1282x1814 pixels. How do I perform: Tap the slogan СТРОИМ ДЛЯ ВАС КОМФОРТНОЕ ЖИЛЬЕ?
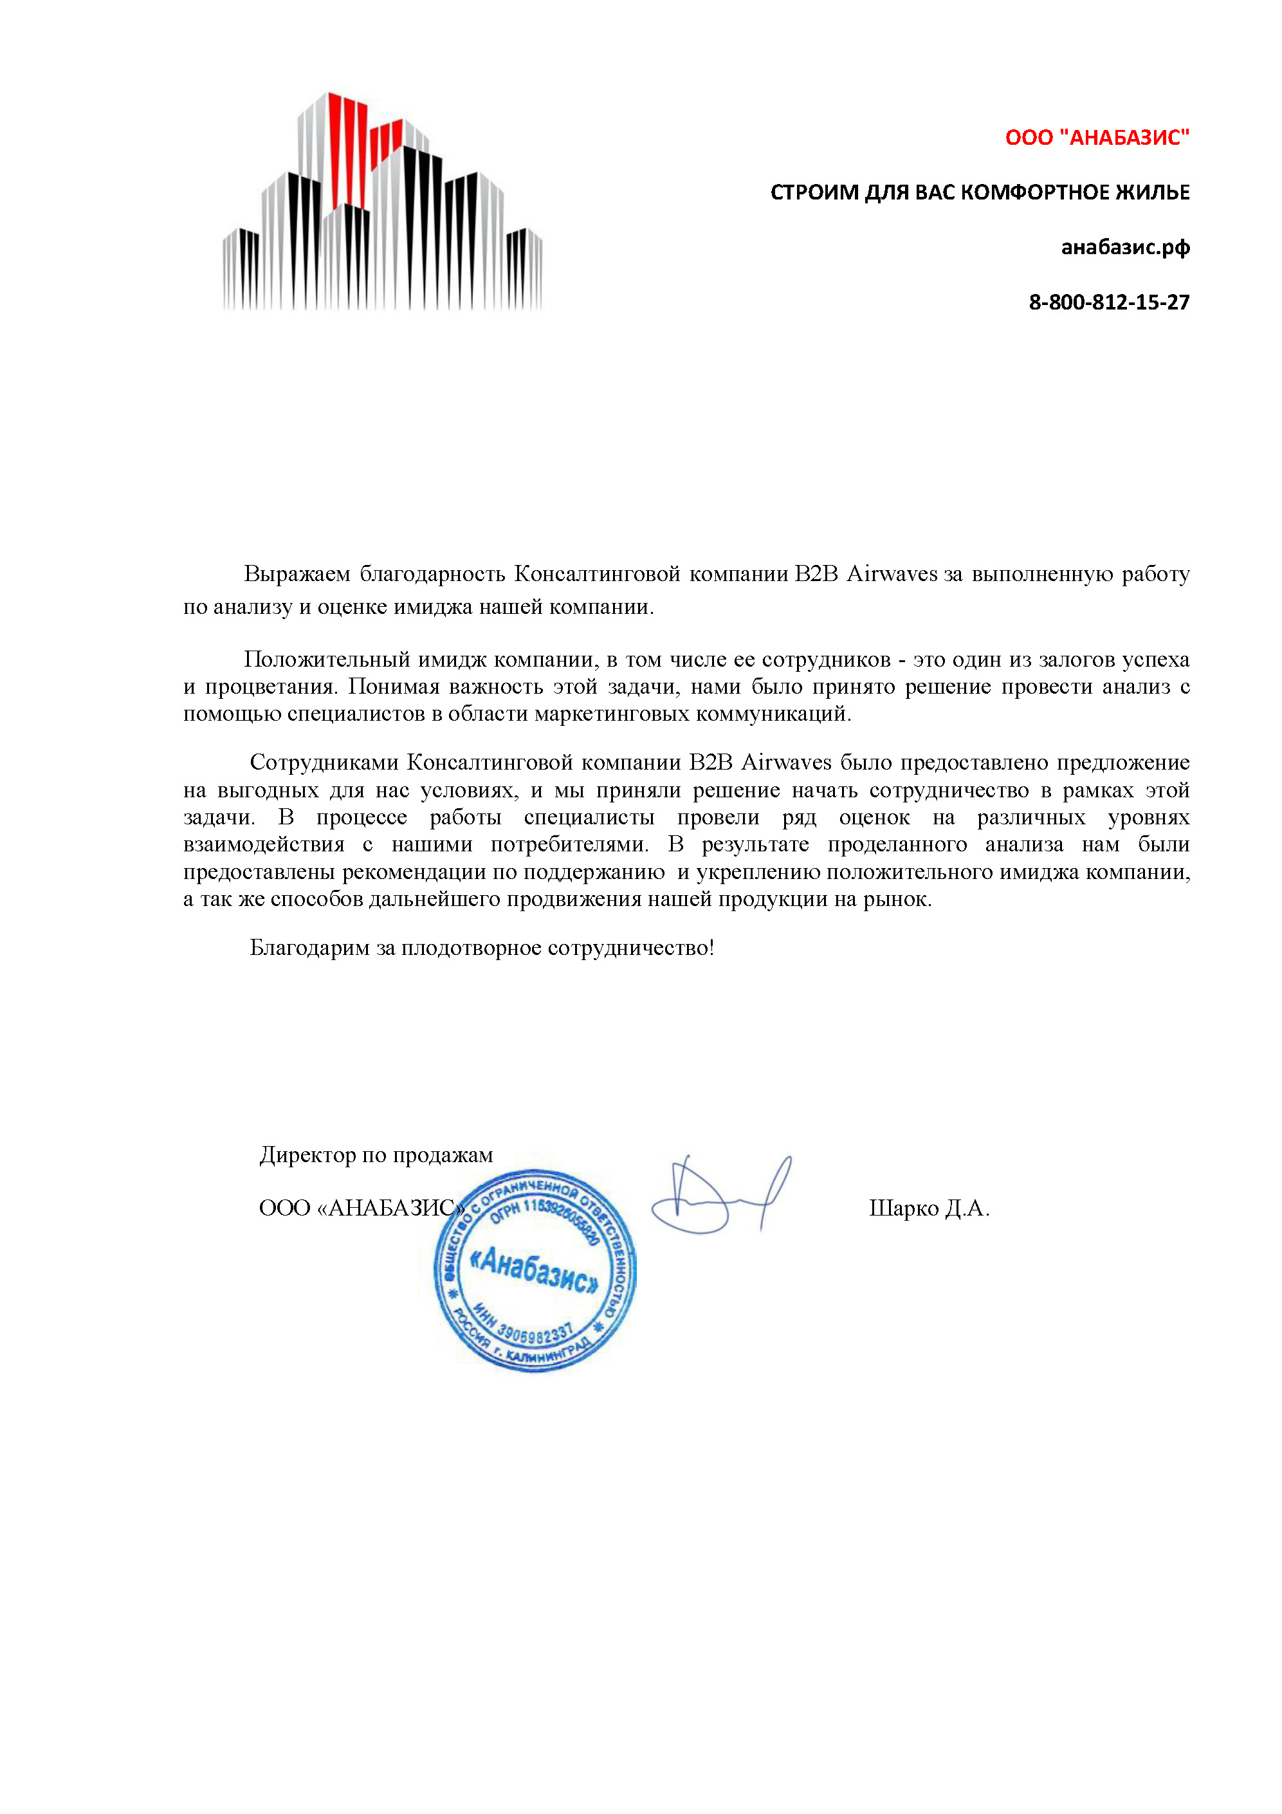(x=980, y=192)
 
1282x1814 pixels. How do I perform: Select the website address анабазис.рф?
(x=1125, y=247)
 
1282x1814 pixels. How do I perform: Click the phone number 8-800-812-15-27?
(x=1108, y=302)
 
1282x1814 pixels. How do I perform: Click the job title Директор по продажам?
(x=376, y=1155)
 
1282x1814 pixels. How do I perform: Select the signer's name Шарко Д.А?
(x=929, y=1208)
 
